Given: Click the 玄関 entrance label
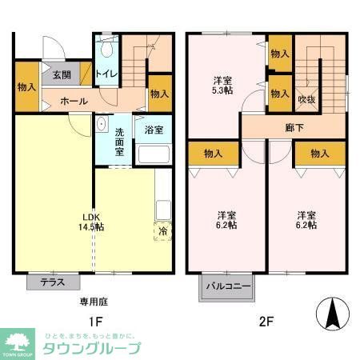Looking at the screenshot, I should (x=62, y=75).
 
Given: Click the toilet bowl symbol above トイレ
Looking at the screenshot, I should (x=106, y=50).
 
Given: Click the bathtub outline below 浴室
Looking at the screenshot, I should (x=153, y=154).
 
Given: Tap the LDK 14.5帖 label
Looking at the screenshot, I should (x=90, y=222).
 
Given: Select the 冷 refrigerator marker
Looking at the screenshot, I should (x=162, y=232).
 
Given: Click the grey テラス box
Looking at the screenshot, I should (x=53, y=282).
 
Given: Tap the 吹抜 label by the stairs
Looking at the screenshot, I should (x=306, y=99).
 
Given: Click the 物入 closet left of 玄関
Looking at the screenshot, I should (x=26, y=86).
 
